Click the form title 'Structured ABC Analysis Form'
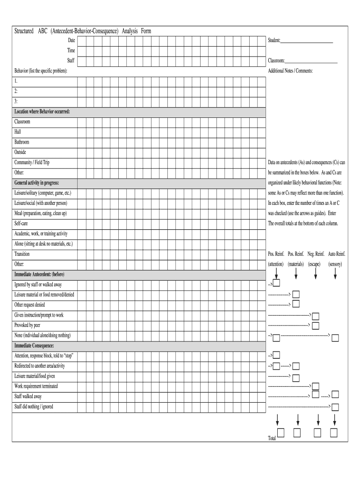83,31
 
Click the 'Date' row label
71,41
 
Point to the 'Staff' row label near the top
71,61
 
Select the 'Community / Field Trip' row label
32,162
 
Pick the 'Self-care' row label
21,224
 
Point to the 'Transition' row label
22,254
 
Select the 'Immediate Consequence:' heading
34,346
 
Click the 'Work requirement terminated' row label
36,386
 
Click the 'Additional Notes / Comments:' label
290,71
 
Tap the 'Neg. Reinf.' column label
316,254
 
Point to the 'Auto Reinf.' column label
337,254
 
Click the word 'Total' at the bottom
272,438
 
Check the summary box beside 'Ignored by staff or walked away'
276,284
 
